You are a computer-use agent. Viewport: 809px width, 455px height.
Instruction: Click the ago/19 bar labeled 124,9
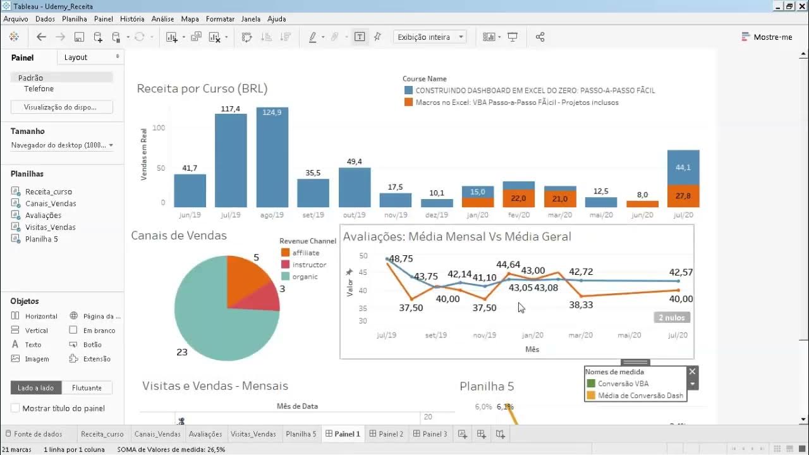tap(272, 158)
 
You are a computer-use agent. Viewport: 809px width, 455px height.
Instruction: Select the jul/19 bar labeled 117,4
tap(231, 161)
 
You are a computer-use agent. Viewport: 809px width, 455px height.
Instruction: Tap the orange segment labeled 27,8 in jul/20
tap(683, 196)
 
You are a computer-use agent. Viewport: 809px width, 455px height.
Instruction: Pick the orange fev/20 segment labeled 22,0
tap(518, 198)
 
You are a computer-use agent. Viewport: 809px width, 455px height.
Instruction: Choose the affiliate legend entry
tap(305, 253)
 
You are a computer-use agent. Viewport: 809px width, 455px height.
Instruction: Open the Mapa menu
tap(190, 19)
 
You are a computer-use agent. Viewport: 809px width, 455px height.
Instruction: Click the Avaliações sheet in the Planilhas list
tap(43, 215)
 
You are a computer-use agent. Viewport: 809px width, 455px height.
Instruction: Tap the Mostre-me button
tap(767, 37)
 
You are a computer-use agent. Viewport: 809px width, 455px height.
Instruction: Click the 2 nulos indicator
tap(672, 318)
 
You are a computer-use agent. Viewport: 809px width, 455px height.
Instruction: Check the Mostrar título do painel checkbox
tap(16, 408)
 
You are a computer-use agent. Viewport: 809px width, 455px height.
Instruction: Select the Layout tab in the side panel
tap(76, 58)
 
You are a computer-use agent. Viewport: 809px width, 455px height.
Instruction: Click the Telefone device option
tap(39, 89)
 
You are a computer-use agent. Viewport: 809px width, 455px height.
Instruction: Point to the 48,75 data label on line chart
tap(401, 259)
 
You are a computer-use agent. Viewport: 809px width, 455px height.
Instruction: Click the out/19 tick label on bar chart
tap(355, 215)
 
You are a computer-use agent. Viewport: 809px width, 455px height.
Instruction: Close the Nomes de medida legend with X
tap(692, 372)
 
